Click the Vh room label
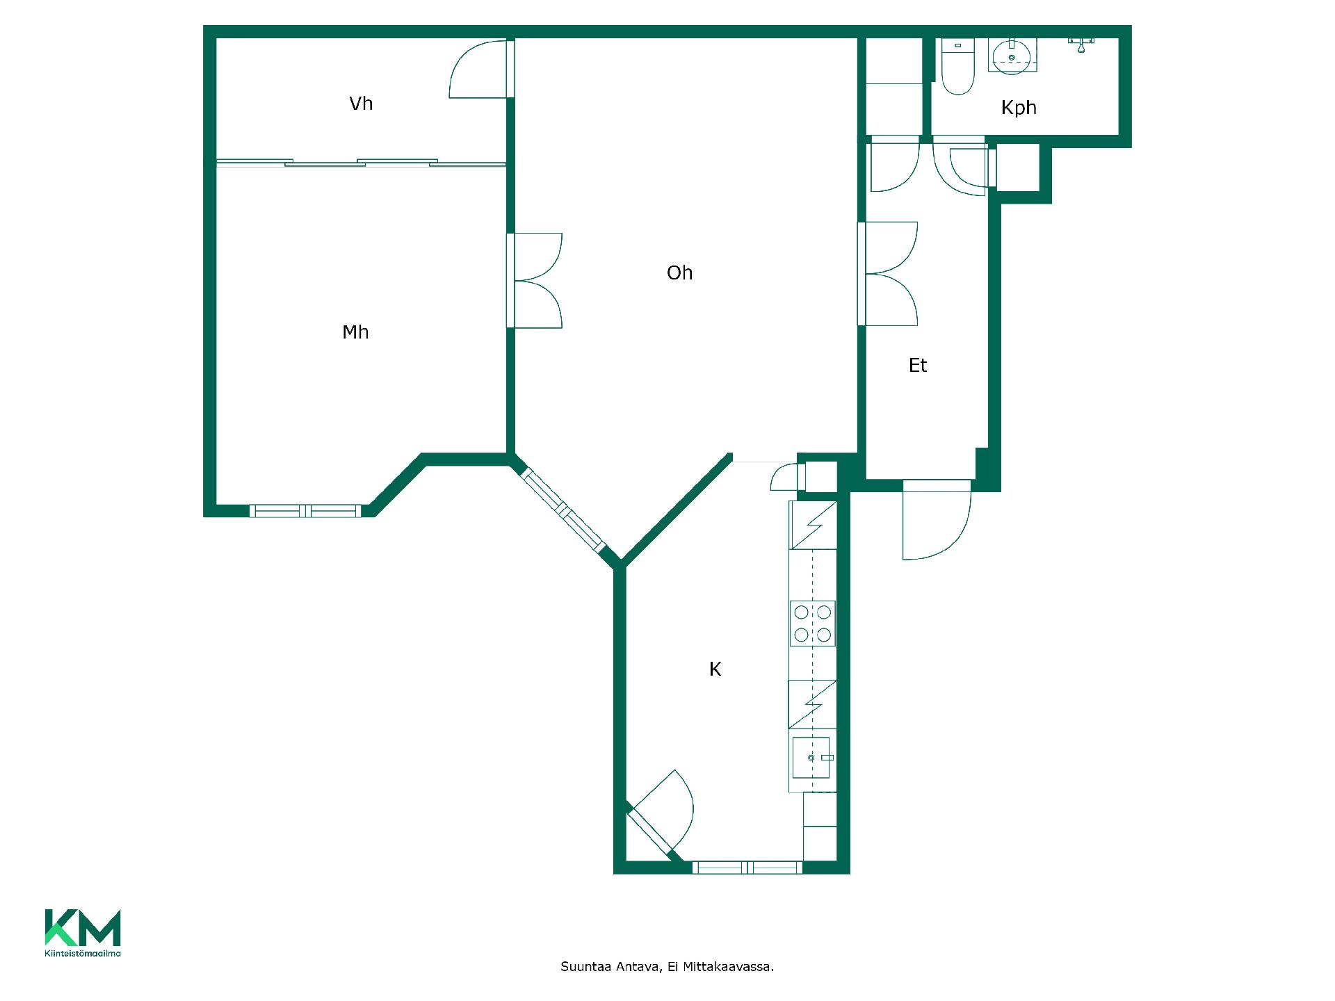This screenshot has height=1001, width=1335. click(x=361, y=104)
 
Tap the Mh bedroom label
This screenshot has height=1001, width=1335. click(x=355, y=332)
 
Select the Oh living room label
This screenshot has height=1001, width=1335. click(x=679, y=272)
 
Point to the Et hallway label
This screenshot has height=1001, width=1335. click(x=918, y=365)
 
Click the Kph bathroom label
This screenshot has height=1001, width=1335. click(x=1019, y=108)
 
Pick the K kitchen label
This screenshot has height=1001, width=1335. click(x=715, y=669)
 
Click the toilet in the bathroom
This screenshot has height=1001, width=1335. click(x=957, y=67)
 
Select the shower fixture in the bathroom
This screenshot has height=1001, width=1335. click(x=1081, y=44)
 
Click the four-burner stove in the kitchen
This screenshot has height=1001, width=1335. click(x=812, y=624)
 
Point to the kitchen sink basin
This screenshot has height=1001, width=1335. click(x=811, y=757)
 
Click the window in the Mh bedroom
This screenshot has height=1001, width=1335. click(x=305, y=511)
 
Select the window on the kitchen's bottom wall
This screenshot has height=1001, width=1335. click(x=747, y=868)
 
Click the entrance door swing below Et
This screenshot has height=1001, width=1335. click(x=936, y=520)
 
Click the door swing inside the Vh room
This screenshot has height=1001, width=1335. click(x=477, y=69)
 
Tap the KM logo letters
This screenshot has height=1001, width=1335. click(x=83, y=927)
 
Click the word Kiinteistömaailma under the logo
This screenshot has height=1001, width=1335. click(x=83, y=954)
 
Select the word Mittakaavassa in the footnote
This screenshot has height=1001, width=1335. click(x=728, y=967)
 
